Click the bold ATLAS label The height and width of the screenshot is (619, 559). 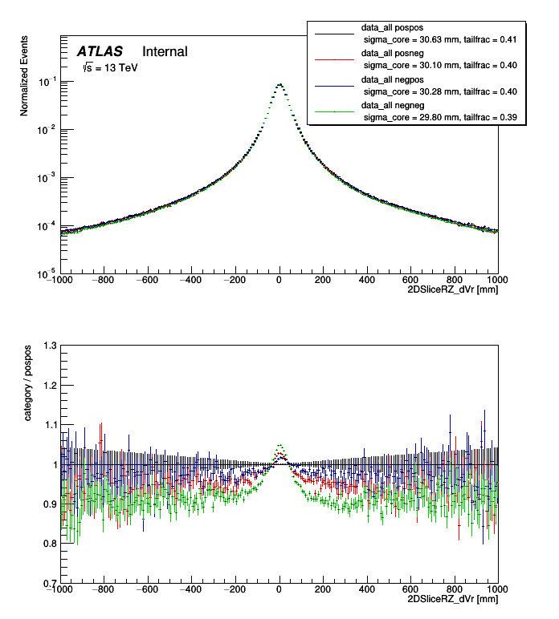[100, 51]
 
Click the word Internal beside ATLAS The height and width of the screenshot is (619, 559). [165, 51]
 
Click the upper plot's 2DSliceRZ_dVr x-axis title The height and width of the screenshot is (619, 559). [453, 291]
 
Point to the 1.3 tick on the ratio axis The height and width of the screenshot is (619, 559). [50, 346]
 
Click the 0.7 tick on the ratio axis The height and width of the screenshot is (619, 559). [50, 583]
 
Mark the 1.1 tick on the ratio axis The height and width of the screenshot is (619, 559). [50, 425]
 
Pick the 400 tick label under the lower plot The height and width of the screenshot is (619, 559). [366, 589]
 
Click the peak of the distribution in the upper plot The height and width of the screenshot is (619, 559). [279, 83]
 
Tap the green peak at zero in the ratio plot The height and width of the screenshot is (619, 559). [279, 445]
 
